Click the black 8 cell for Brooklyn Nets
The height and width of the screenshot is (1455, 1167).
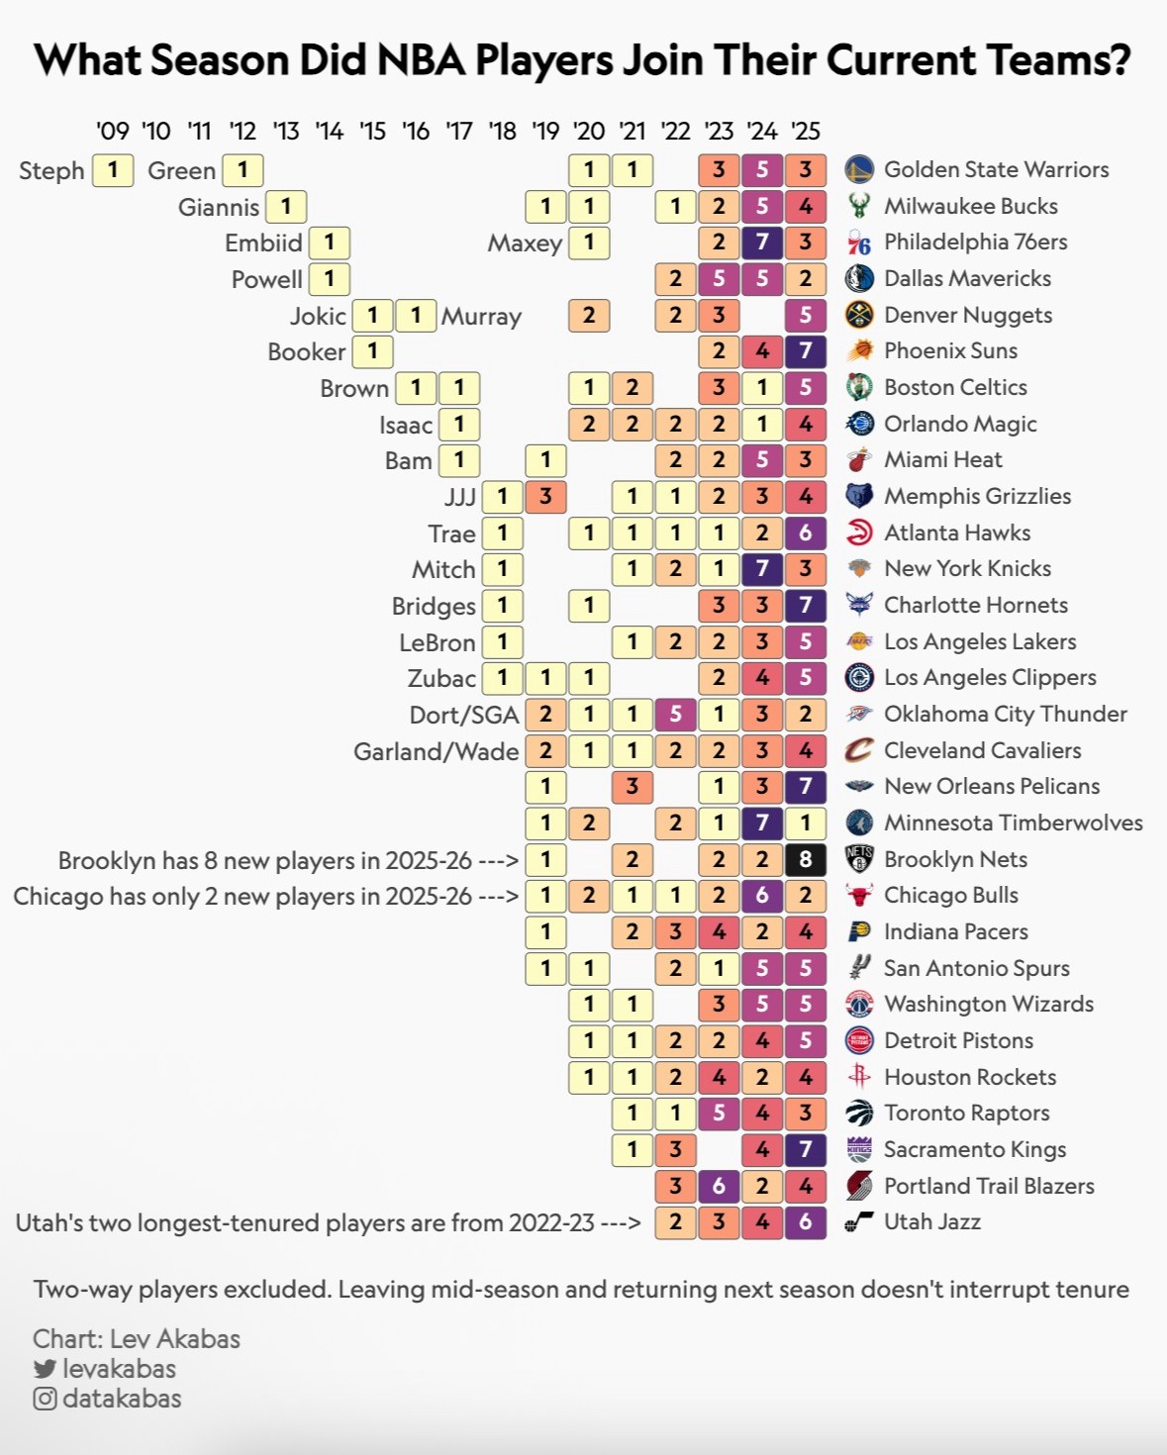(x=805, y=859)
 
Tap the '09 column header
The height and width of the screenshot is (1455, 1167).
(x=113, y=131)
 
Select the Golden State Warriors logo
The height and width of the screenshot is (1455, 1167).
(x=859, y=169)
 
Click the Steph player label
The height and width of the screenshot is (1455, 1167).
(x=51, y=170)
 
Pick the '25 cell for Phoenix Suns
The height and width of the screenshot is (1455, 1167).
(x=805, y=351)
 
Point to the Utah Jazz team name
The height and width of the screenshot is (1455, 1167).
(x=931, y=1221)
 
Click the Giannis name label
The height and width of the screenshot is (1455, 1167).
(x=219, y=207)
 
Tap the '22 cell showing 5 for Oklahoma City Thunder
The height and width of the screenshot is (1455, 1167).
(x=675, y=714)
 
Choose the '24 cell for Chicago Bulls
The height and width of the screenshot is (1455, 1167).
(x=762, y=896)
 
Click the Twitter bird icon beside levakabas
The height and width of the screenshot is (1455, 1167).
(x=45, y=1369)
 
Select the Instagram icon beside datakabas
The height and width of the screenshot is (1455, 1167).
(x=45, y=1399)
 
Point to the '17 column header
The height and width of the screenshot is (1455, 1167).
(x=459, y=131)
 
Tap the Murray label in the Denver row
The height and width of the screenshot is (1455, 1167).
(x=481, y=317)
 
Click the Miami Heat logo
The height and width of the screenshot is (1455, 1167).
(x=859, y=459)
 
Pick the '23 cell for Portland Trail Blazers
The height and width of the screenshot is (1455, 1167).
(x=719, y=1186)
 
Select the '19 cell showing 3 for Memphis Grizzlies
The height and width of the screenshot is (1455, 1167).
(x=545, y=496)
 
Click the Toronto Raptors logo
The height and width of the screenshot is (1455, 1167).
(x=859, y=1113)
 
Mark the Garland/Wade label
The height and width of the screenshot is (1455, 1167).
(x=436, y=751)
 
